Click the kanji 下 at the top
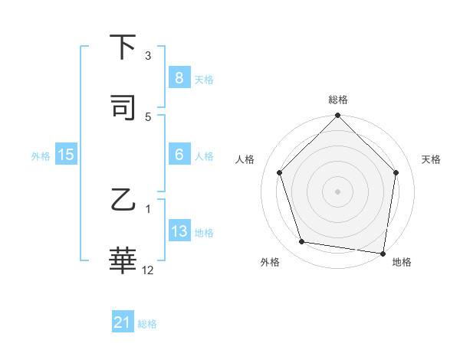click(x=123, y=47)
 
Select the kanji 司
click(x=123, y=108)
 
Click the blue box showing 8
click(x=179, y=78)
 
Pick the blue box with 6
click(x=179, y=155)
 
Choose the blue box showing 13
click(x=179, y=231)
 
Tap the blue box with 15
click(x=66, y=155)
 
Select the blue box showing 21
click(x=123, y=323)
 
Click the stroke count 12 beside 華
click(x=148, y=270)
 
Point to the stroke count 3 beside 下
click(x=148, y=55)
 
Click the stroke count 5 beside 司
click(x=148, y=116)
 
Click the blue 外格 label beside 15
click(x=41, y=155)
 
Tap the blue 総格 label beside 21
click(x=147, y=324)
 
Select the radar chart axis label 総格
click(x=338, y=100)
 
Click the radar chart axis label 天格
click(x=431, y=159)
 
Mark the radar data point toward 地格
click(x=383, y=253)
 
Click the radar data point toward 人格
click(x=280, y=172)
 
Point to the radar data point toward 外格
click(x=302, y=242)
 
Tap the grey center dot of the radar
click(x=338, y=191)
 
